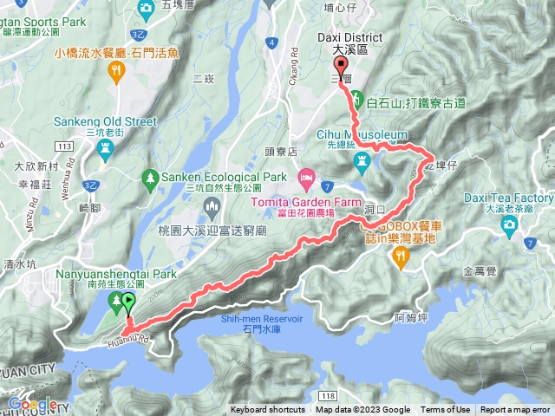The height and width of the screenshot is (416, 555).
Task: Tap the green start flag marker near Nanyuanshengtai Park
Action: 129,303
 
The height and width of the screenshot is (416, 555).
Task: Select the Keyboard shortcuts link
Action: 267,410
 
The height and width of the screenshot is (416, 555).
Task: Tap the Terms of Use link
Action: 445,410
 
